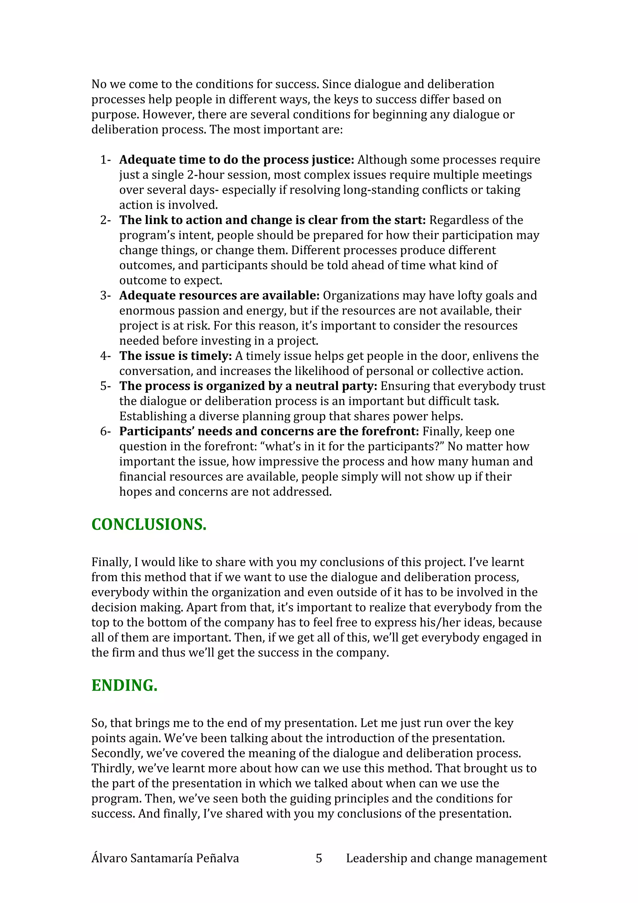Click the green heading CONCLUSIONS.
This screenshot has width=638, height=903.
pos(149,525)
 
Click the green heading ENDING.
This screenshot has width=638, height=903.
pos(124,686)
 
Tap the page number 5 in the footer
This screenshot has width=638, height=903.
pos(319,858)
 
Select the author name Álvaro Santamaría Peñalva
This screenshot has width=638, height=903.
pos(165,858)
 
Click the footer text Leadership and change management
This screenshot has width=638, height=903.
pos(446,858)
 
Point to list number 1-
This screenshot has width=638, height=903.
pos(105,160)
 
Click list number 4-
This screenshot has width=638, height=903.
pos(105,356)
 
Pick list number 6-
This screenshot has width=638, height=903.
pos(105,432)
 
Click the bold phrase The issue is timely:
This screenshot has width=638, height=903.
pos(176,356)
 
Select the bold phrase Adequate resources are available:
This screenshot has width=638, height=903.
pos(219,295)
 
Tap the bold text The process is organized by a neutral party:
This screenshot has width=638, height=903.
pos(248,386)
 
